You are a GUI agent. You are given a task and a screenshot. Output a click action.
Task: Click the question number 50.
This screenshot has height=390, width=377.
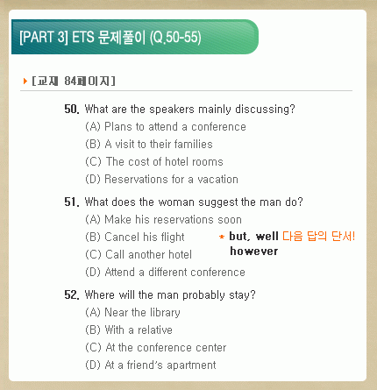pos(72,110)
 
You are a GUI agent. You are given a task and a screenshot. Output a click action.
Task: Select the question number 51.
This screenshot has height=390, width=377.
pos(72,202)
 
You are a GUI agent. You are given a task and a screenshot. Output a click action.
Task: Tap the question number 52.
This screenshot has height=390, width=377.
pos(72,295)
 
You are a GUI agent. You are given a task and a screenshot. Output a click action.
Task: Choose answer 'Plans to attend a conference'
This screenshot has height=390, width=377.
pos(166,127)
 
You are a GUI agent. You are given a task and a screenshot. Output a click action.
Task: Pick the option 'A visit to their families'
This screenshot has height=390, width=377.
pos(149,145)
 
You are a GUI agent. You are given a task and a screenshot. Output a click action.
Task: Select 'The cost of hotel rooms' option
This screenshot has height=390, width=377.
pos(154,162)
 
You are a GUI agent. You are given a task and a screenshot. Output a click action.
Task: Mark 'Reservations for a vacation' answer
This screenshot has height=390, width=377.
pos(162,180)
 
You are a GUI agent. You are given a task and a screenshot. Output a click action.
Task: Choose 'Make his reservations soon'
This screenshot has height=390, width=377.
pos(164,220)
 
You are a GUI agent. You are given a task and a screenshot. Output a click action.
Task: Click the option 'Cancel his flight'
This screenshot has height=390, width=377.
pos(135,238)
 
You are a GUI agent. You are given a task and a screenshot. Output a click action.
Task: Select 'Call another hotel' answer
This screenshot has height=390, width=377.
pos(139,255)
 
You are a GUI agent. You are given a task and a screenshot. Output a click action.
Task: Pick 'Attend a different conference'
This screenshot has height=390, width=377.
pos(165,273)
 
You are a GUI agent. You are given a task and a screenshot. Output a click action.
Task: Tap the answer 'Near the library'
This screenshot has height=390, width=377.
pos(132,313)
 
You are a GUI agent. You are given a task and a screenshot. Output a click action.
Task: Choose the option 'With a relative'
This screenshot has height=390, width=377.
pos(129,330)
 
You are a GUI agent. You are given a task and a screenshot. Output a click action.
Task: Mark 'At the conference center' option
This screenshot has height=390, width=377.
pos(156,348)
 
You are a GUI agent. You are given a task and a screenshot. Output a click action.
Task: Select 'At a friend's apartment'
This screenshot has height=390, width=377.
pos(151,365)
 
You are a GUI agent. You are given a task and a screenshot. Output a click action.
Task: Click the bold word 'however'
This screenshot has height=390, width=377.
pos(254,252)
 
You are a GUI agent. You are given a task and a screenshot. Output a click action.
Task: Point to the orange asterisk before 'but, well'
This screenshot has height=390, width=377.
pos(222,237)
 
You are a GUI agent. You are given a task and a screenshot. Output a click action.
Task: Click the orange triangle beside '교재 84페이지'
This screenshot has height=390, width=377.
pos(25,81)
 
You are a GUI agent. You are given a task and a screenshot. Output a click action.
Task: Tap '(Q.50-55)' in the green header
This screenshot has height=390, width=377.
pos(175,38)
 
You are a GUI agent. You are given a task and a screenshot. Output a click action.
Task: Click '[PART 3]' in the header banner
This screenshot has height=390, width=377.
pos(44,38)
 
